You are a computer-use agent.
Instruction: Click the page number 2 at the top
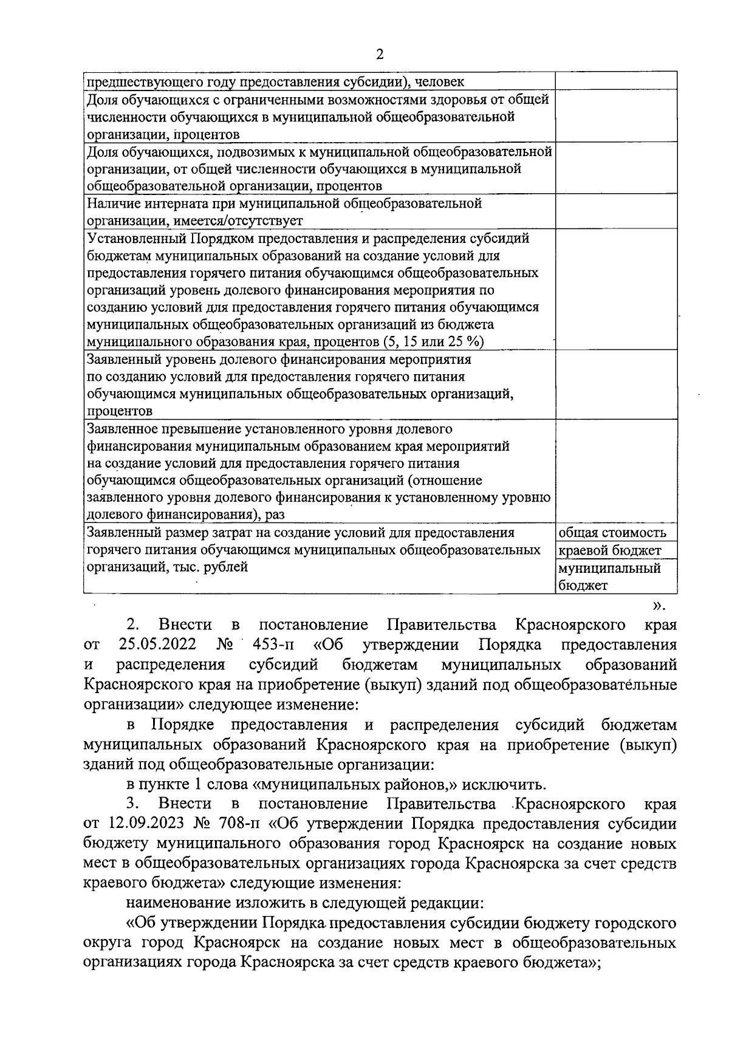tap(380, 54)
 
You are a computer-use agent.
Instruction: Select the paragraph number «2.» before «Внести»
tap(134, 624)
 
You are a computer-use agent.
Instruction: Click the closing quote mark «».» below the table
tap(659, 604)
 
